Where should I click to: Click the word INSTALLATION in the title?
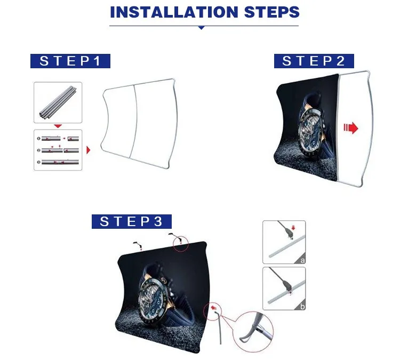(x=174, y=12)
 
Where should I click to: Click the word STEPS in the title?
(x=272, y=12)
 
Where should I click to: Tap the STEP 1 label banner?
(x=70, y=61)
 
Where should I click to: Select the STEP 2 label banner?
(x=314, y=61)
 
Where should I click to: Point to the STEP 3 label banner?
(x=132, y=221)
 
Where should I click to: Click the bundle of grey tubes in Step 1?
(x=58, y=103)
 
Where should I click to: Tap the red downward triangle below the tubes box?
(x=58, y=126)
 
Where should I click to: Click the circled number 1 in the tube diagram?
(x=38, y=139)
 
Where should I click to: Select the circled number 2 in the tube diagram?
(x=38, y=150)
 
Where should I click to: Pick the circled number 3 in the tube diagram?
(x=38, y=162)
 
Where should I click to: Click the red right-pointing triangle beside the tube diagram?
(x=88, y=150)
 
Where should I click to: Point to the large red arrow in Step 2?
(x=351, y=127)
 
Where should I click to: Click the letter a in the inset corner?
(x=302, y=260)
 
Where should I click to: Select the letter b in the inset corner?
(x=302, y=307)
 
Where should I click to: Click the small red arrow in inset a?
(x=293, y=227)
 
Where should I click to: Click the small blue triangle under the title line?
(x=201, y=28)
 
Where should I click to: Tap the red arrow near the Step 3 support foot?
(x=213, y=307)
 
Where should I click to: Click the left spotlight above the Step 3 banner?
(x=137, y=244)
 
